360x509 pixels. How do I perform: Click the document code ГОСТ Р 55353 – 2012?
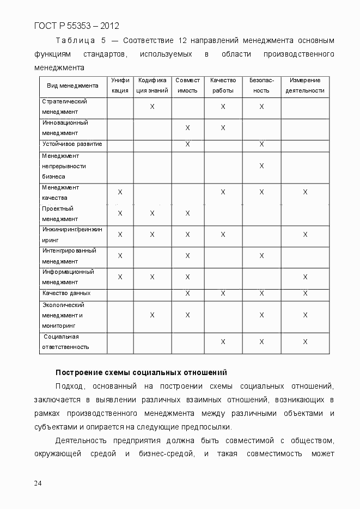click(x=76, y=26)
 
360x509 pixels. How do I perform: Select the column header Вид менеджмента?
click(x=72, y=85)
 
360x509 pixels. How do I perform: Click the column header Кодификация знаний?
click(x=152, y=85)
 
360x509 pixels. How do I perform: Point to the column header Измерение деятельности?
click(x=305, y=85)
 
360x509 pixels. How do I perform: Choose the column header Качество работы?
click(x=223, y=85)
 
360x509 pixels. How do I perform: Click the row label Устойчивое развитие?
click(x=72, y=144)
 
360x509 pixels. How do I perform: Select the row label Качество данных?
click(x=66, y=293)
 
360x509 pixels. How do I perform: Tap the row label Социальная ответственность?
click(x=66, y=341)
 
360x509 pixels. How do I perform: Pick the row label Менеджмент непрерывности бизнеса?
click(x=64, y=166)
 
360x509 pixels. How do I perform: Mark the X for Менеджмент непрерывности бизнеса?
click(x=261, y=165)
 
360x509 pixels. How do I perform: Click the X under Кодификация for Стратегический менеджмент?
click(x=152, y=107)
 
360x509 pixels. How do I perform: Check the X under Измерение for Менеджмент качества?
click(x=305, y=192)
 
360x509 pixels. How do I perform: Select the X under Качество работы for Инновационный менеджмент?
click(x=223, y=128)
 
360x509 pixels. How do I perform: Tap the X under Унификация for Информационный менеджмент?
click(x=120, y=277)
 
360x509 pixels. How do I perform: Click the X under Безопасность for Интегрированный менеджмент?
click(x=261, y=256)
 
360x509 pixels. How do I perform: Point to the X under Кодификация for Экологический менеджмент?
click(x=152, y=315)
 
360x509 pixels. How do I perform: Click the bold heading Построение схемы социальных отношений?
click(x=141, y=372)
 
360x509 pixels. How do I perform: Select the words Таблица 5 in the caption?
click(x=81, y=41)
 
